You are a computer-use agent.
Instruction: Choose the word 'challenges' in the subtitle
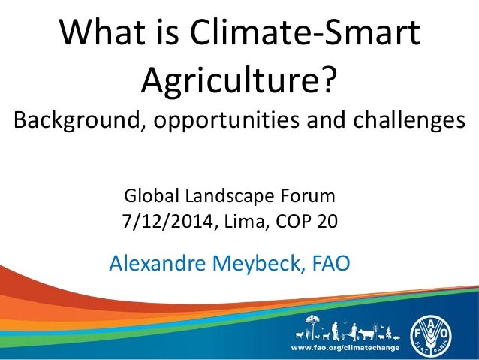click(x=402, y=120)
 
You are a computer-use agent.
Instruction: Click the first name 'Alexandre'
click(x=156, y=263)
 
